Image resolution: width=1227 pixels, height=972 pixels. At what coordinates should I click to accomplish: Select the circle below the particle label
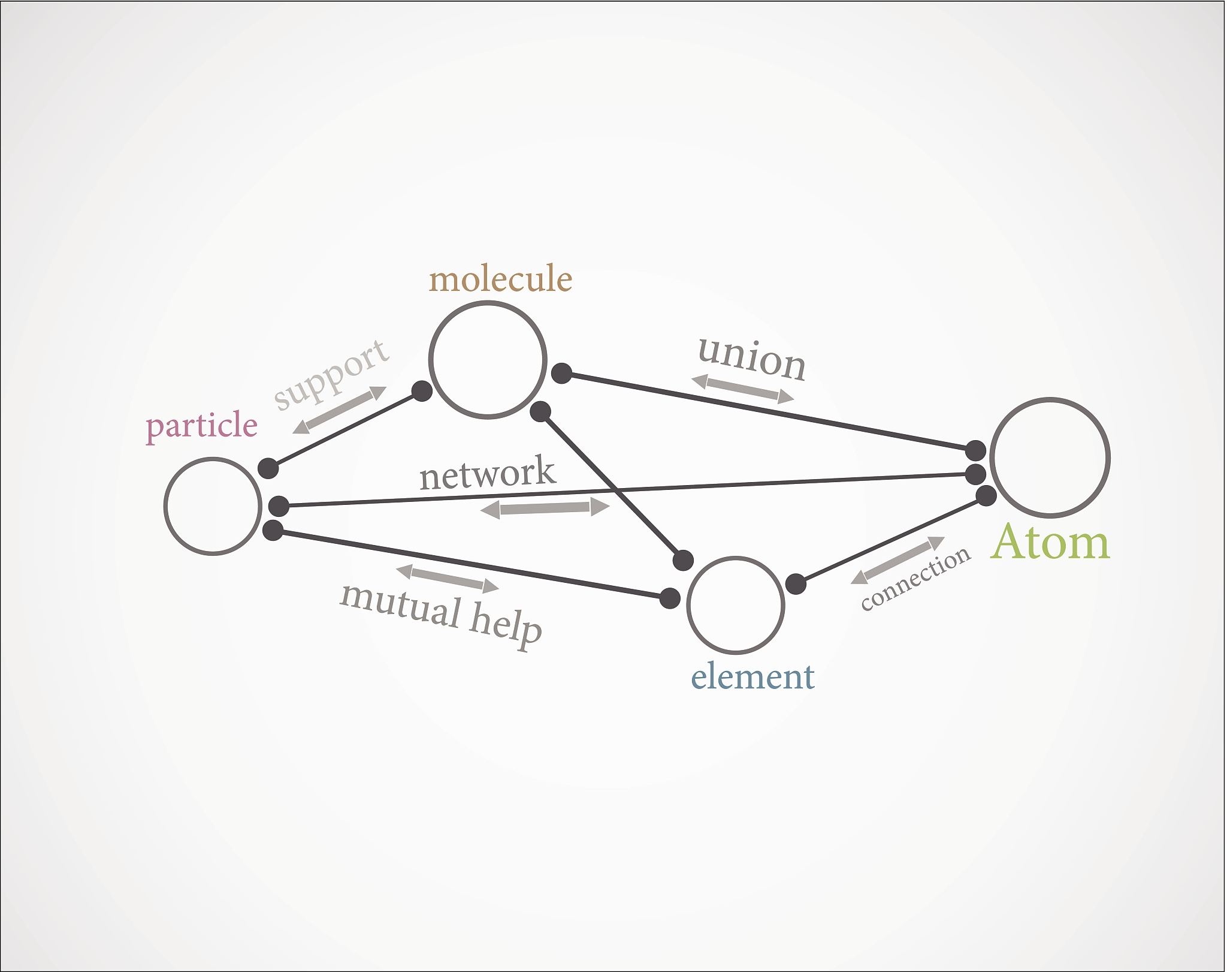coord(165,506)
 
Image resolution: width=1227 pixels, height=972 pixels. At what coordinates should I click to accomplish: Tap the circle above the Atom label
coord(992,458)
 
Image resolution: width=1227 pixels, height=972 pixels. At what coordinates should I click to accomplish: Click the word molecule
coord(501,279)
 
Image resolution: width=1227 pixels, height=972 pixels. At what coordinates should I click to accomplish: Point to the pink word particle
coord(201,426)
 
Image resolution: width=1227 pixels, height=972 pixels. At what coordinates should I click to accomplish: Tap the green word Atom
coord(1051,542)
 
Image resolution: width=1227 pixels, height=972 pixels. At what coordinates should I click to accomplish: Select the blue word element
coord(752,677)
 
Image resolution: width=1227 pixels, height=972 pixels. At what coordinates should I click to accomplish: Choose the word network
coord(488,473)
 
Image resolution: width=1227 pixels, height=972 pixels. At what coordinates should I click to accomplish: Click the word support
coord(331,374)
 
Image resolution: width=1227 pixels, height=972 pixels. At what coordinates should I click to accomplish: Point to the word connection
coord(916,578)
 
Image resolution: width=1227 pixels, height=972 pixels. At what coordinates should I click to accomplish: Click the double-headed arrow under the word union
coord(743,389)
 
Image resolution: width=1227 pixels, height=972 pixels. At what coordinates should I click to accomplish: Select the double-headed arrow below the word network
coord(545,508)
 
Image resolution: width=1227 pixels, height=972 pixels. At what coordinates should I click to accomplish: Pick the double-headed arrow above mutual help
coord(448,579)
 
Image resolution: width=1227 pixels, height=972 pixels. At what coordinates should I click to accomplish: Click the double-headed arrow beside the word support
coord(340,410)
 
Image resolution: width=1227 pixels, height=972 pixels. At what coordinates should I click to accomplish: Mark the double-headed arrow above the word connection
coord(898,560)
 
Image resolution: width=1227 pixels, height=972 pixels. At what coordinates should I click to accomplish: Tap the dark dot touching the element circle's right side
coord(796,583)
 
